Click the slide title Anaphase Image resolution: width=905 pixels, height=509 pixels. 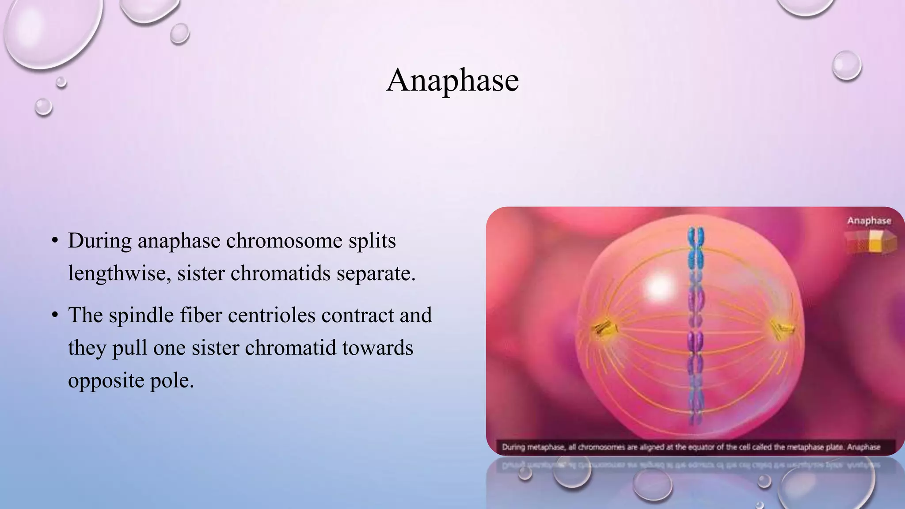[x=452, y=80]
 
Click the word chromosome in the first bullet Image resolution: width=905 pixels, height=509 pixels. [x=284, y=241]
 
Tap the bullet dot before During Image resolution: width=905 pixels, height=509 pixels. [x=55, y=241]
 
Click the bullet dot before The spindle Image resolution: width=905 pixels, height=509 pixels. [x=55, y=315]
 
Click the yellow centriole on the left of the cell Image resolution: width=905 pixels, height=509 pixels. [x=602, y=328]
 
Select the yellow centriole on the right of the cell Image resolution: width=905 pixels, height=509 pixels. [x=783, y=328]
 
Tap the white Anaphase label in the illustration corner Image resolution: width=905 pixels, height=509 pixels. [x=869, y=221]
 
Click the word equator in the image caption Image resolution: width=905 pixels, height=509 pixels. [x=698, y=447]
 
